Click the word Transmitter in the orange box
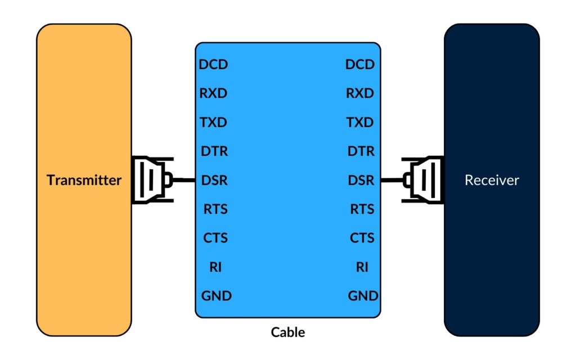84,181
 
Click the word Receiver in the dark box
492,181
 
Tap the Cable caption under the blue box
288,332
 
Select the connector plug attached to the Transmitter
151,180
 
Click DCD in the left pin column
214,65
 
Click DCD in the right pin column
360,65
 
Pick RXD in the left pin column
214,93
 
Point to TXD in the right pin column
360,123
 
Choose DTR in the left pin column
214,151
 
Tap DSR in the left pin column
214,181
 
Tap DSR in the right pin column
361,181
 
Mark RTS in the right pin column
362,209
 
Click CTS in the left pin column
215,238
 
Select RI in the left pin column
215,267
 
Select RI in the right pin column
362,267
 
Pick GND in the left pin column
216,296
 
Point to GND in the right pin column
363,296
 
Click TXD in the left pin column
214,123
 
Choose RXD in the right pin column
360,93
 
